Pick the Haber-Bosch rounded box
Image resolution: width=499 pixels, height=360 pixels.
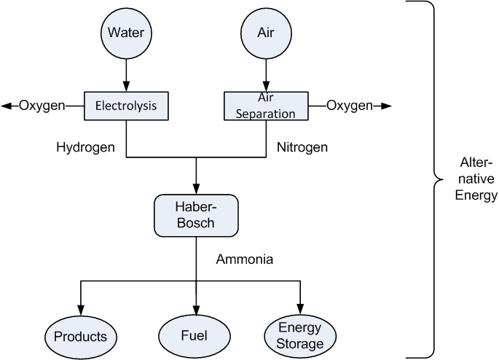pos(196,214)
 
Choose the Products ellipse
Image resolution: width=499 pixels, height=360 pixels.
pos(81,336)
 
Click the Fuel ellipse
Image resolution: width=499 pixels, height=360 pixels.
pos(195,336)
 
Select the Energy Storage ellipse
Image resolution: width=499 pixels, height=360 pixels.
pos(299,336)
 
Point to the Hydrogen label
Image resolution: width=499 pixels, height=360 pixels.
pos(85,146)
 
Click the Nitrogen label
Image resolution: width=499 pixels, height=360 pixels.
pos(302,146)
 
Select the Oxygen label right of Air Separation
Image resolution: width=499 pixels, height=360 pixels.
pos(350,106)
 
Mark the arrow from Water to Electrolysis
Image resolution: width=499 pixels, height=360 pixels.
pos(126,73)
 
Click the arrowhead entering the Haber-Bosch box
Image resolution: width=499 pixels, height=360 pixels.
pos(196,189)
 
